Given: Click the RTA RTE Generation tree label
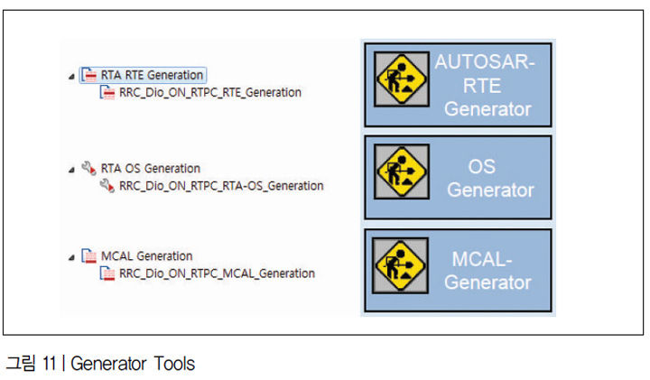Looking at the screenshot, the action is tap(152, 75).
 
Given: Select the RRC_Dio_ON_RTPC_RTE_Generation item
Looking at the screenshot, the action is tap(210, 92).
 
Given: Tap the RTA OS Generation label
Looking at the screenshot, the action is tap(151, 168).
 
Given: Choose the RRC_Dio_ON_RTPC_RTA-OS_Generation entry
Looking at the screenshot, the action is tap(221, 186).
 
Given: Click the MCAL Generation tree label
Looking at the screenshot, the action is tap(147, 256).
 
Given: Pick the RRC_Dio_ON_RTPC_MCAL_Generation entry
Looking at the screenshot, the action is tap(217, 273).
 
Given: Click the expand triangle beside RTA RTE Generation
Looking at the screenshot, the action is tap(71, 76).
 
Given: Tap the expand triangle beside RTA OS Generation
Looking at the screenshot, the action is tap(71, 170).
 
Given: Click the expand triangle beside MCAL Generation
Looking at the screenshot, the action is tap(71, 257).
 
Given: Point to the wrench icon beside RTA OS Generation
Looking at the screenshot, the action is tap(88, 168).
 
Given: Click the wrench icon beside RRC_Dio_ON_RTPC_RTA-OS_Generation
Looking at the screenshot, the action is tap(107, 185).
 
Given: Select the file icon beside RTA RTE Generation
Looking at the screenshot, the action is tap(89, 75).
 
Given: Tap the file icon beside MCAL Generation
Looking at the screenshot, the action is tap(89, 255).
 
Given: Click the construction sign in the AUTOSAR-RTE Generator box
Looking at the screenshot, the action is tap(401, 79).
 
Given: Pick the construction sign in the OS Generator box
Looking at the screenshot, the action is tap(401, 171).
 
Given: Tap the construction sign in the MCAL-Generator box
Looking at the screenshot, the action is tap(400, 265).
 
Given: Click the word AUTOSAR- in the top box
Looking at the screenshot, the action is tap(485, 61).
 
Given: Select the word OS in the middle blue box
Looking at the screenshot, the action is tap(482, 167).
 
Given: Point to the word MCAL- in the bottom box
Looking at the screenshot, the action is tap(482, 259).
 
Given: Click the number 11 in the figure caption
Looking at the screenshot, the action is tap(49, 364).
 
